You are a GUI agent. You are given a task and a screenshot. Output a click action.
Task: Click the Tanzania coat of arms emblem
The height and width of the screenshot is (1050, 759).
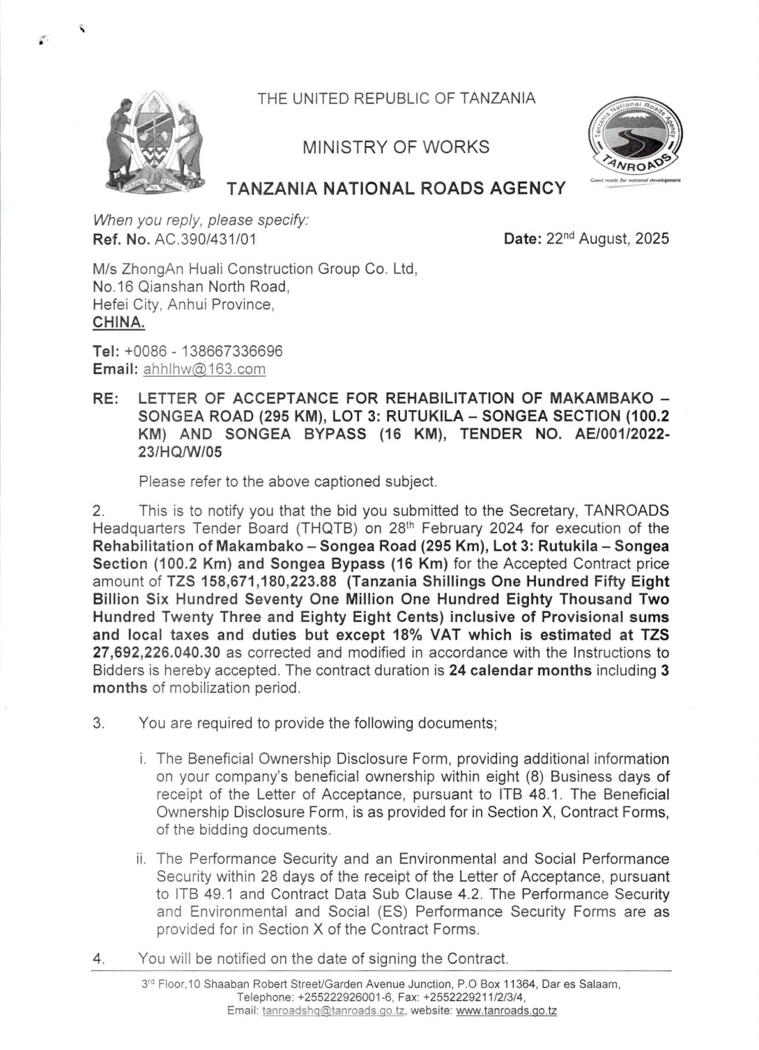155,142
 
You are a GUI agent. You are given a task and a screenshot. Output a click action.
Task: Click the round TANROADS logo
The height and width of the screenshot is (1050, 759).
634,140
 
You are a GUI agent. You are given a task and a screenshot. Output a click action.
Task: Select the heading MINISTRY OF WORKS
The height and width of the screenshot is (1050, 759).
396,148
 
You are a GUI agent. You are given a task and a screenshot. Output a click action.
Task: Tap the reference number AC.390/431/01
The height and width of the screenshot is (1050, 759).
205,240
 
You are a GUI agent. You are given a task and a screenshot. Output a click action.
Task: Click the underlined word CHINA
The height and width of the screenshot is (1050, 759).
118,322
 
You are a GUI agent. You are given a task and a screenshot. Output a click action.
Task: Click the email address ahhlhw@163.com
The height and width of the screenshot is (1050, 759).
204,369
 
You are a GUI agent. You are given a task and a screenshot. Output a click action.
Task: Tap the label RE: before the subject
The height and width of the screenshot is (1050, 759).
105,398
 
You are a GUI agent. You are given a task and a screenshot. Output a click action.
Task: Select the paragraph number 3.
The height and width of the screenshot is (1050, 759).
98,723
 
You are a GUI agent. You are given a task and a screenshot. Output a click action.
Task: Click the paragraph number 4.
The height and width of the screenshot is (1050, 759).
98,959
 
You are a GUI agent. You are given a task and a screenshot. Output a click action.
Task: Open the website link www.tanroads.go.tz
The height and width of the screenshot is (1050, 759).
506,1011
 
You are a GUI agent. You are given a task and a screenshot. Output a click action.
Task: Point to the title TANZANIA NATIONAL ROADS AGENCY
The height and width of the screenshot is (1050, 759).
396,188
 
